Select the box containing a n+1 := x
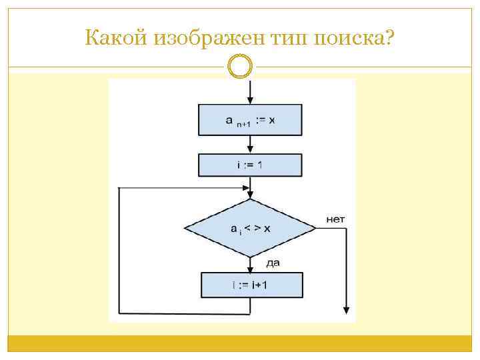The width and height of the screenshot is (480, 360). coord(250,120)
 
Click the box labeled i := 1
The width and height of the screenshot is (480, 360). coord(250,165)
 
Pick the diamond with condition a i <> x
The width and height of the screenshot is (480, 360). coord(250,228)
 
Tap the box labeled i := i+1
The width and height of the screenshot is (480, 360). coord(251,285)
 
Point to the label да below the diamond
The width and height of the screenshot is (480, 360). coord(272,263)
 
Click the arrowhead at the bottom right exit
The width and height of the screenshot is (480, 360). coord(347,309)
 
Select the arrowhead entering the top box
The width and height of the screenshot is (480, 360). coord(250,99)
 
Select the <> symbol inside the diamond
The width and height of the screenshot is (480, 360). coord(251,228)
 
